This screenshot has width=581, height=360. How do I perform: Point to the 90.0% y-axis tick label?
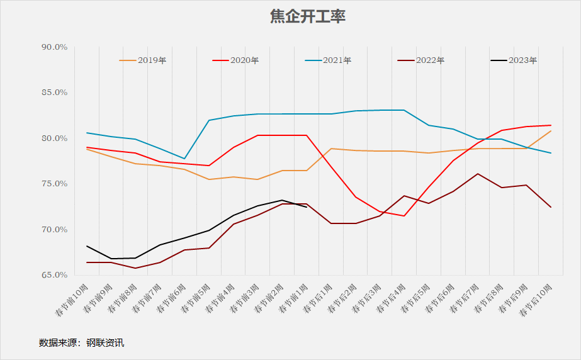click(x=54, y=47)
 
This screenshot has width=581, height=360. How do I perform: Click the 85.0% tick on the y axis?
click(x=54, y=93)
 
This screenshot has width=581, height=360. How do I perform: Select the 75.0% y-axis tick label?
click(x=54, y=184)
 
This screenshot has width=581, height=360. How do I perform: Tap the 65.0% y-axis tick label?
click(x=54, y=275)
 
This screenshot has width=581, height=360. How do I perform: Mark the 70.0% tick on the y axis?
click(x=54, y=230)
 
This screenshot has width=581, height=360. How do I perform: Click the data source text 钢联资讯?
click(x=109, y=343)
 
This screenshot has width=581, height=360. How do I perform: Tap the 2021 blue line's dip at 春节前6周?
click(x=184, y=159)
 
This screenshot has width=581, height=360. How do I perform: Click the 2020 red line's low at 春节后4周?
click(x=404, y=216)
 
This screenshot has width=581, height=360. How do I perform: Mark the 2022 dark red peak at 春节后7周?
click(x=478, y=174)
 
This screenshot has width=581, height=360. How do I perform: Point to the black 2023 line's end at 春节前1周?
click(x=307, y=206)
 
